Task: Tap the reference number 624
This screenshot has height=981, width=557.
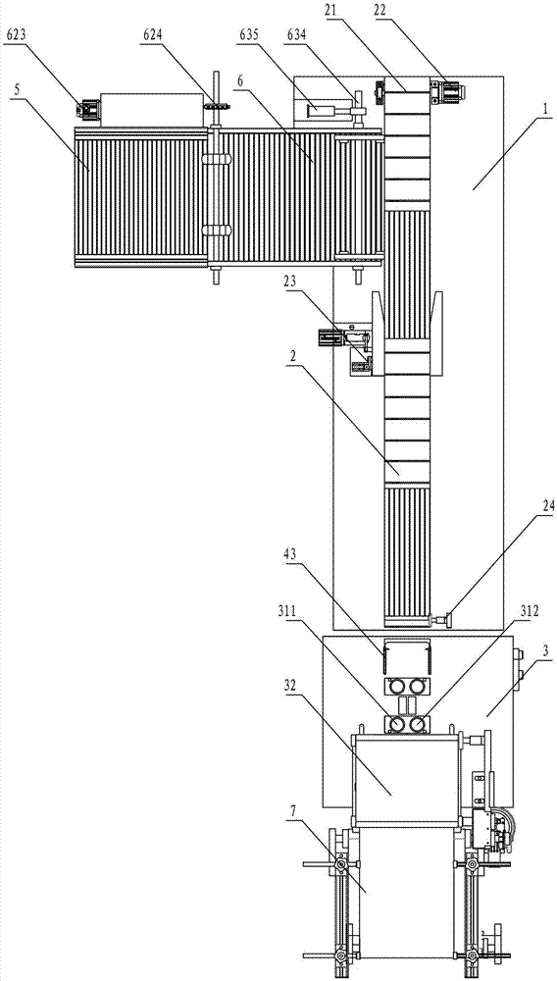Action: pos(154,37)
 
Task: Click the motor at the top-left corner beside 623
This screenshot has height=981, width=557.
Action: pos(87,110)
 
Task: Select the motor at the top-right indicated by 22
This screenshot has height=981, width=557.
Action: pos(447,92)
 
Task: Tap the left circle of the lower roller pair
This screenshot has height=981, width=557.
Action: pos(396,724)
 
